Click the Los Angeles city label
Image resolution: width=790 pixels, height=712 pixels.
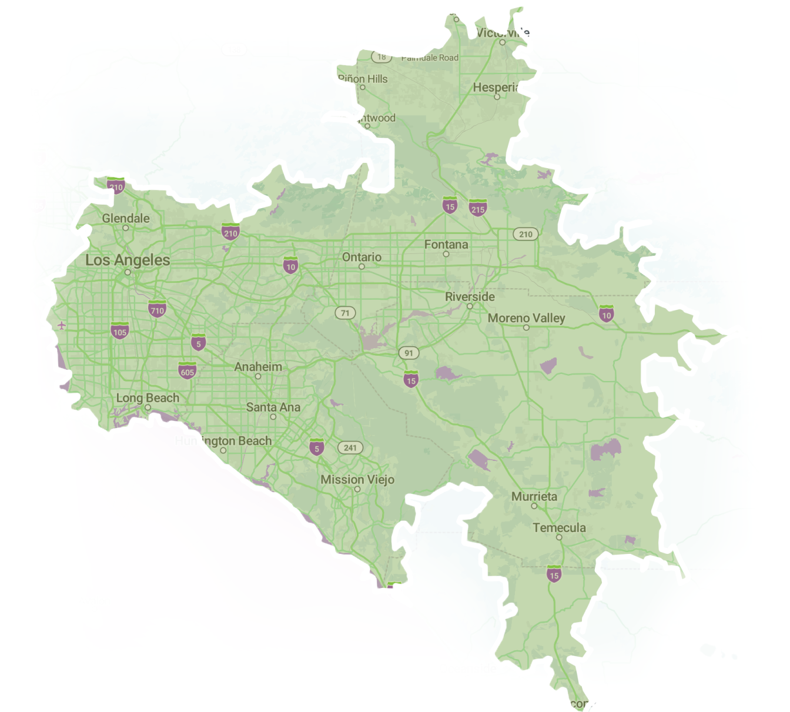pyautogui.click(x=128, y=260)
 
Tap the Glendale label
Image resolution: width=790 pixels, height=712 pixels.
pyautogui.click(x=126, y=218)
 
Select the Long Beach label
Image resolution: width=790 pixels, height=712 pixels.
pyautogui.click(x=148, y=398)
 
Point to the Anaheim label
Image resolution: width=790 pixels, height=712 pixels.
pyautogui.click(x=258, y=367)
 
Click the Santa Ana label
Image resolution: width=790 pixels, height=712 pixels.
pyautogui.click(x=273, y=407)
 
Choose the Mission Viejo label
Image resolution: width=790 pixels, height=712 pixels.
pyautogui.click(x=357, y=480)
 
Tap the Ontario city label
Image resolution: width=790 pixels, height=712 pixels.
pyautogui.click(x=361, y=257)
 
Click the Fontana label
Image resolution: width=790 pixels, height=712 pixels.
pyautogui.click(x=446, y=245)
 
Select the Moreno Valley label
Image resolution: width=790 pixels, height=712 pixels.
pyautogui.click(x=526, y=318)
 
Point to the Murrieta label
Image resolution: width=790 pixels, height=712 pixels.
pyautogui.click(x=534, y=496)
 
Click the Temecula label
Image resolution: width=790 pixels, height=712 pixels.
pyautogui.click(x=559, y=527)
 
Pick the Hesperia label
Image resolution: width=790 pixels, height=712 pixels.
pyautogui.click(x=496, y=88)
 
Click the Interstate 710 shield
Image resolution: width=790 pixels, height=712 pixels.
pyautogui.click(x=157, y=309)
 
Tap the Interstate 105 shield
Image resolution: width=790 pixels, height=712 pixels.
pyautogui.click(x=120, y=331)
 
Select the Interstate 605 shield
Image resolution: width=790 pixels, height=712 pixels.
pyautogui.click(x=188, y=371)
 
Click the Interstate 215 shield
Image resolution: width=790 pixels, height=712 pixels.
pyautogui.click(x=478, y=208)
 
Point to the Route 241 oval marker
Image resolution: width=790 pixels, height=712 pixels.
pyautogui.click(x=350, y=447)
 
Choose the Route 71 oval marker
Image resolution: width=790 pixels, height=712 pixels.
pyautogui.click(x=345, y=313)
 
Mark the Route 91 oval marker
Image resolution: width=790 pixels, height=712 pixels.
pyautogui.click(x=409, y=353)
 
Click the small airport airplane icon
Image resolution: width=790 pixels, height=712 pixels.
pyautogui.click(x=62, y=325)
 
